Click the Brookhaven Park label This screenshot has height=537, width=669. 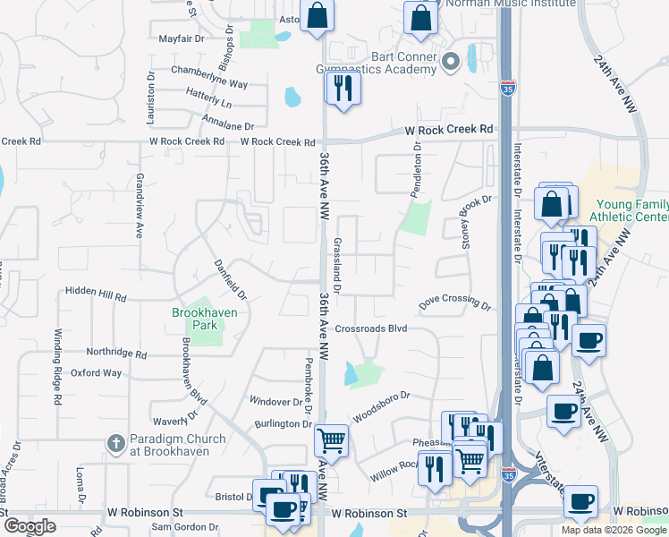coord(196,319)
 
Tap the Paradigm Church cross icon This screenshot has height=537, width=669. coord(114,443)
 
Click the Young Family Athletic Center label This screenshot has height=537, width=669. coord(630,210)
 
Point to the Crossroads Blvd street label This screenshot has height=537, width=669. coord(371,328)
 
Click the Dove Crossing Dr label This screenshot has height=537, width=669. coord(455,303)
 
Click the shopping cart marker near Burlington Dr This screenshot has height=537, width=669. coord(331,439)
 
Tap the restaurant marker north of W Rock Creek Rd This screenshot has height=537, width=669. coord(342,87)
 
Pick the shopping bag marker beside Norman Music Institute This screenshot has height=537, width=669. coord(420,17)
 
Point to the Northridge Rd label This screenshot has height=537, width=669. coord(115,354)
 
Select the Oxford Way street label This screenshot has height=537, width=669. coord(96,372)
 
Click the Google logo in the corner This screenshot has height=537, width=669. coord(30,525)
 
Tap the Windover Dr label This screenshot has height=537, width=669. coord(276,403)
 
